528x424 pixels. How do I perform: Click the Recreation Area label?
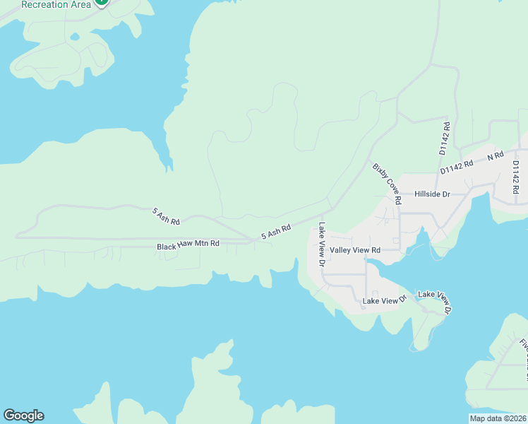pyautogui.click(x=56, y=4)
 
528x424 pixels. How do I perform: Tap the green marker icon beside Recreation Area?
pyautogui.click(x=102, y=2)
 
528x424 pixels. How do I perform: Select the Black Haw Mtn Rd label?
pyautogui.click(x=188, y=245)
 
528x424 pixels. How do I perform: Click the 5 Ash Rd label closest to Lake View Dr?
pyautogui.click(x=276, y=232)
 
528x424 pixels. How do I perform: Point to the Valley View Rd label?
pyautogui.click(x=355, y=250)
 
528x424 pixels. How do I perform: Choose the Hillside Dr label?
pyautogui.click(x=432, y=194)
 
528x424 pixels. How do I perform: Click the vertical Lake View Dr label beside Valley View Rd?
pyautogui.click(x=321, y=244)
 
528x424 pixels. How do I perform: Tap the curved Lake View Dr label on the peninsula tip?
pyautogui.click(x=435, y=300)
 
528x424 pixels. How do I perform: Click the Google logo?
pyautogui.click(x=23, y=416)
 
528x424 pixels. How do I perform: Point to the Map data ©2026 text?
pyautogui.click(x=498, y=418)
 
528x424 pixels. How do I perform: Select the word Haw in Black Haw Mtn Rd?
pyautogui.click(x=186, y=245)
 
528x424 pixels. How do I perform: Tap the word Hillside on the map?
pyautogui.click(x=427, y=194)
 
